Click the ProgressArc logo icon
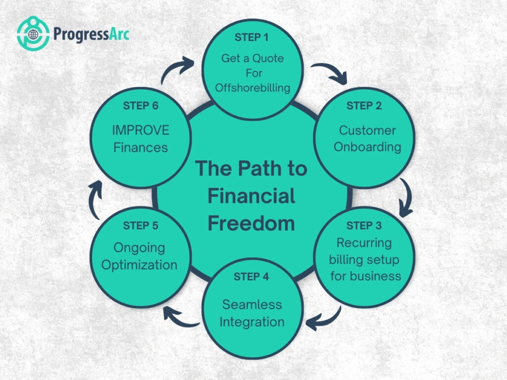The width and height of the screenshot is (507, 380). (x=33, y=34)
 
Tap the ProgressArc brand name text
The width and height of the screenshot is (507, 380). (x=91, y=35)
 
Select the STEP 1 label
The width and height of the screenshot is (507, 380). (x=252, y=37)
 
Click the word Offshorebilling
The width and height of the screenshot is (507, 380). (x=253, y=88)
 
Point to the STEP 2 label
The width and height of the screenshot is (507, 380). (x=364, y=106)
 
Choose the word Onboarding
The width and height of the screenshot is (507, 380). (x=367, y=147)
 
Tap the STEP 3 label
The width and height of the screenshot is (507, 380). (x=364, y=226)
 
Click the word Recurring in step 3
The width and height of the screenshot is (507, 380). (x=364, y=243)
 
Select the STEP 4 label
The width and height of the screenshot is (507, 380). (x=252, y=277)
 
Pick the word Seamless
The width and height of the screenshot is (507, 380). (x=252, y=304)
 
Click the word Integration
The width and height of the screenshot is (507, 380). (x=252, y=322)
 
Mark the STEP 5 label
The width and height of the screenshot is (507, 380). (x=141, y=226)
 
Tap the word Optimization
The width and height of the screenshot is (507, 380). (x=139, y=265)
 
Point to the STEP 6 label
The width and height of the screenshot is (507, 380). (x=140, y=106)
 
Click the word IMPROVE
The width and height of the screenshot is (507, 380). (x=141, y=130)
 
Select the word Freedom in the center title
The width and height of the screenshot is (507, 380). (x=251, y=223)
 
